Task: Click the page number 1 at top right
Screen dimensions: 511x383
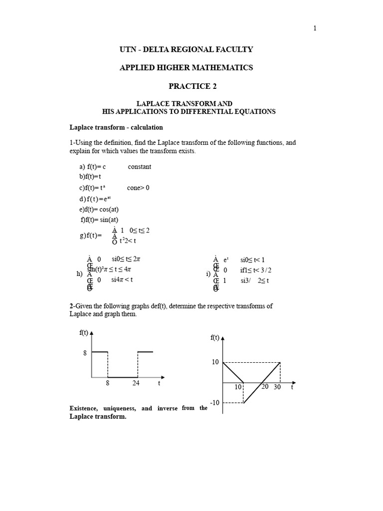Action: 315,28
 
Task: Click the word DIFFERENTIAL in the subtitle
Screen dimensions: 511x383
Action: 212,111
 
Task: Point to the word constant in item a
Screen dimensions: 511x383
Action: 140,167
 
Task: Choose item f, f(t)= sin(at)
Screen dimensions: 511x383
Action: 100,220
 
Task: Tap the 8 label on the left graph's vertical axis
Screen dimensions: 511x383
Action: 85,353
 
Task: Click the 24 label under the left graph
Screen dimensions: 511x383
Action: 136,383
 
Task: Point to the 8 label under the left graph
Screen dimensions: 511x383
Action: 107,383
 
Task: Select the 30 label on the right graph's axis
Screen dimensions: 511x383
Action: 277,387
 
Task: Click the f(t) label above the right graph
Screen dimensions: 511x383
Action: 215,338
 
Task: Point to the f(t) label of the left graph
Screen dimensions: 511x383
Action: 84,333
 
